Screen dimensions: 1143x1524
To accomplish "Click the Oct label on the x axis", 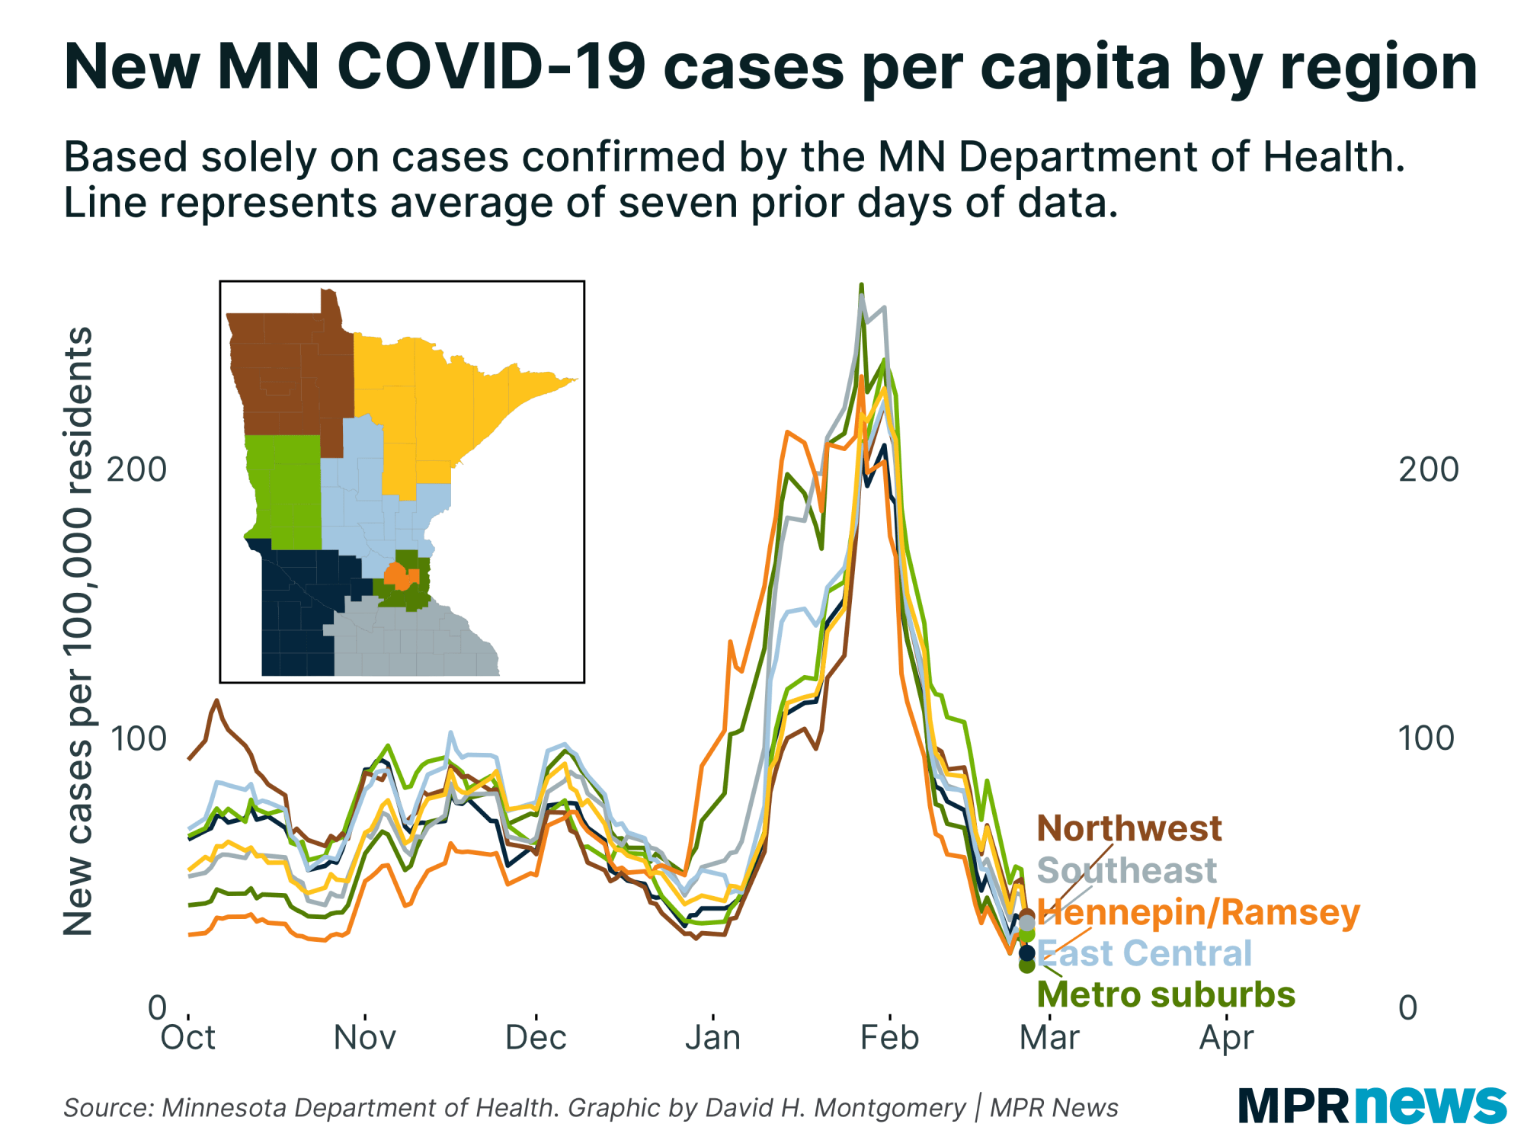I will click(x=187, y=1038).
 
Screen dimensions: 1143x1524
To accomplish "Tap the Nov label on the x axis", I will click(x=365, y=1038).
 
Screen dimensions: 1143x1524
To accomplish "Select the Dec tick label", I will click(x=536, y=1038).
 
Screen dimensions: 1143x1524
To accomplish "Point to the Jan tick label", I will click(x=712, y=1038).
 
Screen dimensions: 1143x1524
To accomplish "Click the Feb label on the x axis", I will click(x=889, y=1038).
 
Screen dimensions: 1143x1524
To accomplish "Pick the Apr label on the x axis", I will click(x=1226, y=1038).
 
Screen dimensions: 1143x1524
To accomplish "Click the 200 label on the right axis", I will click(x=1428, y=469).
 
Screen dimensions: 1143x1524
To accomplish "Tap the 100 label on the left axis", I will click(x=137, y=738).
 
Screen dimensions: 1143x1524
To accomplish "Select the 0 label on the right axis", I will click(x=1407, y=1008).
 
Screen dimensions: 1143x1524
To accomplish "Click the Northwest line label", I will click(x=1129, y=828).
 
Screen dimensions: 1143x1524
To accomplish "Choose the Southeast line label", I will click(x=1127, y=870).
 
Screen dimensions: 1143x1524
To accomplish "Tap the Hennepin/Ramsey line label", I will click(x=1198, y=912).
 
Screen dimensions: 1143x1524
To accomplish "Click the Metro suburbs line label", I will click(x=1166, y=995).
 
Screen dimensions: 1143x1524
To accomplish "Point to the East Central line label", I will click(x=1145, y=953).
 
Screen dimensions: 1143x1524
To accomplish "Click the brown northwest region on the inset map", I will click(x=290, y=373).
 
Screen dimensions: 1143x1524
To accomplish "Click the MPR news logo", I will click(x=1372, y=1105).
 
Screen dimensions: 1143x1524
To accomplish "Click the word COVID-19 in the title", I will click(x=491, y=67).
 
